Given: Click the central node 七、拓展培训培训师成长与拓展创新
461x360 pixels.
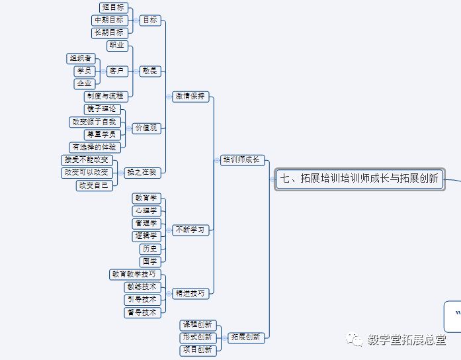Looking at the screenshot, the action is pyautogui.click(x=359, y=179).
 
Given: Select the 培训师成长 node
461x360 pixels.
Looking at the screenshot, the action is pyautogui.click(x=243, y=159).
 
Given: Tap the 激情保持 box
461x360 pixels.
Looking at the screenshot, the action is pyautogui.click(x=190, y=96).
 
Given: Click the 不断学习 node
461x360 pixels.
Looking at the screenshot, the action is pyautogui.click(x=190, y=230).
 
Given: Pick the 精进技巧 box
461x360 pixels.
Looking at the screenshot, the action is pyautogui.click(x=190, y=292).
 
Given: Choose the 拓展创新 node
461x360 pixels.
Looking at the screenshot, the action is pyautogui.click(x=245, y=337).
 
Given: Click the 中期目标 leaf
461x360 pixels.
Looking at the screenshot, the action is pyautogui.click(x=108, y=21).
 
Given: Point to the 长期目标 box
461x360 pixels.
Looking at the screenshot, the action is pyautogui.click(x=108, y=32).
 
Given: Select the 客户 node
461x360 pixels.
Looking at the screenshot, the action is pyautogui.click(x=117, y=71).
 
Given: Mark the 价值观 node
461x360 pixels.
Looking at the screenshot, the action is pyautogui.click(x=146, y=128).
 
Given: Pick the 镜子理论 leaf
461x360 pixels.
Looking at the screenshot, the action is pyautogui.click(x=103, y=109).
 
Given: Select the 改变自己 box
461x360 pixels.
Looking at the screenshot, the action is pyautogui.click(x=94, y=185).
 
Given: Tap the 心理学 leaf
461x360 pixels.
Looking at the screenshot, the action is pyautogui.click(x=146, y=210).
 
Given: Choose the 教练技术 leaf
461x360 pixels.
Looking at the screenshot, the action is pyautogui.click(x=142, y=287).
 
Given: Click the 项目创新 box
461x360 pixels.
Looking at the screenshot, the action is pyautogui.click(x=198, y=349).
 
